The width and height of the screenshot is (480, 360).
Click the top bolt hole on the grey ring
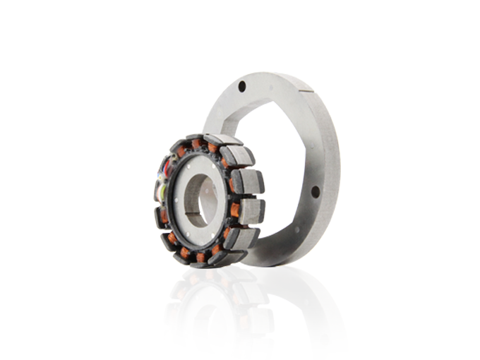click(x=242, y=86)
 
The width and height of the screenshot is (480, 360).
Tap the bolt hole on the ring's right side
click(x=315, y=191)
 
